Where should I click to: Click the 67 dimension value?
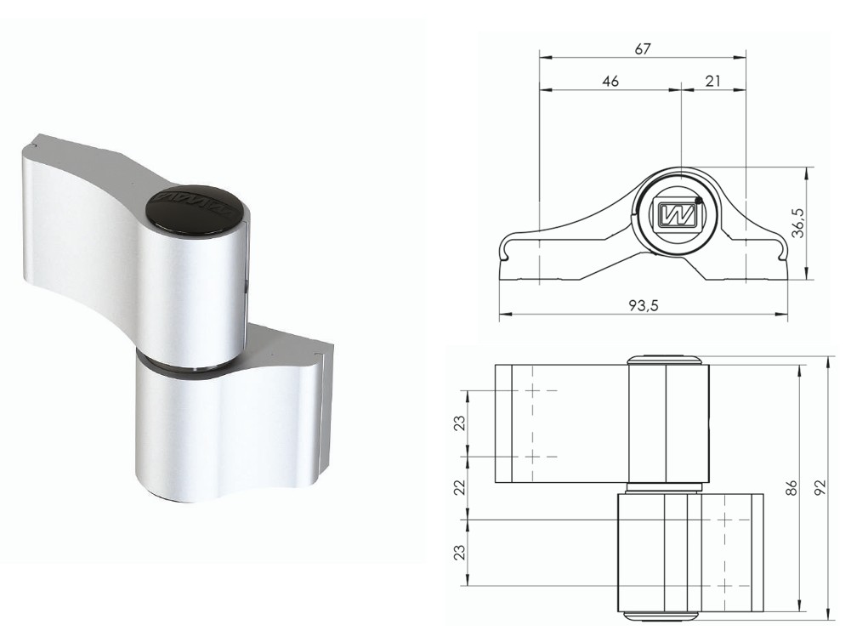(643, 49)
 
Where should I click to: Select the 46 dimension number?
(610, 81)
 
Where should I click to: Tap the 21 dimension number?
(712, 81)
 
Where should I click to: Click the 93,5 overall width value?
(644, 305)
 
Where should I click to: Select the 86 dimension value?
(791, 487)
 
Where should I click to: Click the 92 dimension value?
(820, 487)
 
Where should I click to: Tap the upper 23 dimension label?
(458, 423)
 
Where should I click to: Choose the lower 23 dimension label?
(458, 551)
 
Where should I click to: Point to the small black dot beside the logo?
(698, 201)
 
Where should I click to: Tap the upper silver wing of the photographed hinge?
(77, 221)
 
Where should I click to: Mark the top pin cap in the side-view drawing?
(665, 359)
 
